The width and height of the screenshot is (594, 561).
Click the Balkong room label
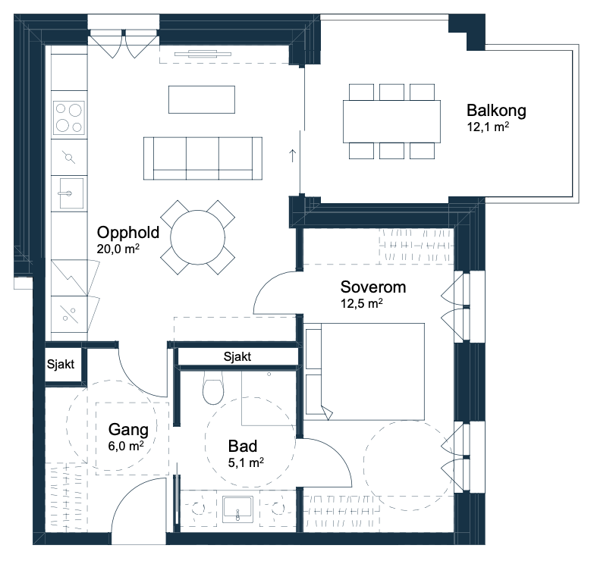click(x=496, y=111)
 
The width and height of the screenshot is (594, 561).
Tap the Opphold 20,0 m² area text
click(x=118, y=249)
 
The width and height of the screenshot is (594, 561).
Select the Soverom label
click(x=373, y=287)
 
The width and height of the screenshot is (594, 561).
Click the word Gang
click(x=128, y=430)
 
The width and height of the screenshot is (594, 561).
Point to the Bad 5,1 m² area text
click(x=246, y=462)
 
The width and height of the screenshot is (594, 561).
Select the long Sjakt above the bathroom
click(x=237, y=356)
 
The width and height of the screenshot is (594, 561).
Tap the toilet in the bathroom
click(x=213, y=387)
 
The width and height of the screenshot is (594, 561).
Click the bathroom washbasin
click(x=237, y=509)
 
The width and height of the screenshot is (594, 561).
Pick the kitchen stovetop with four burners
click(x=68, y=118)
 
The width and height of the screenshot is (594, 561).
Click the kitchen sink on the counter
click(x=71, y=193)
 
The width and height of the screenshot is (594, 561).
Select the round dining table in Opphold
click(x=198, y=237)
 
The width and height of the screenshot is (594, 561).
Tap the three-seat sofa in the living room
click(x=203, y=158)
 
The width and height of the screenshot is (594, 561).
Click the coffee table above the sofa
click(x=202, y=99)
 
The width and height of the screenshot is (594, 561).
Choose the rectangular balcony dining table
click(x=391, y=121)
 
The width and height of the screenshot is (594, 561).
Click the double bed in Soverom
click(x=365, y=371)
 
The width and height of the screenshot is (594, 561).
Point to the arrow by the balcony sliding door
click(x=292, y=155)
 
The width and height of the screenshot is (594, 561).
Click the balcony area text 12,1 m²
click(x=488, y=127)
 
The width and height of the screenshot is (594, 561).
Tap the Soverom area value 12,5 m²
click(x=362, y=303)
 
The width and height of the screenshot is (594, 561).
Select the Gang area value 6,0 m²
click(x=126, y=446)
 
